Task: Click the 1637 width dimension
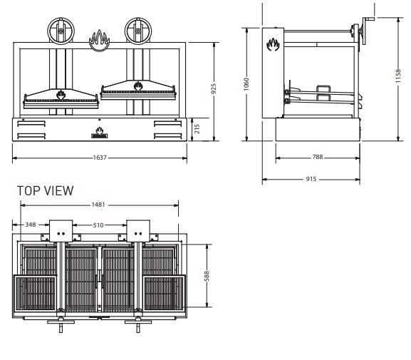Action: click(100, 158)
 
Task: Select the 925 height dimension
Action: click(214, 88)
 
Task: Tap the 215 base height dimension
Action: click(197, 129)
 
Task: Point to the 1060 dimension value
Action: click(246, 84)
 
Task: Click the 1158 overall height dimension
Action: click(398, 76)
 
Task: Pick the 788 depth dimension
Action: click(318, 157)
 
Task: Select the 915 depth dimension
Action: click(311, 179)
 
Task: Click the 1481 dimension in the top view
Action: click(98, 205)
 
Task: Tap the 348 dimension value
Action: click(31, 225)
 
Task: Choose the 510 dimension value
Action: click(98, 225)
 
